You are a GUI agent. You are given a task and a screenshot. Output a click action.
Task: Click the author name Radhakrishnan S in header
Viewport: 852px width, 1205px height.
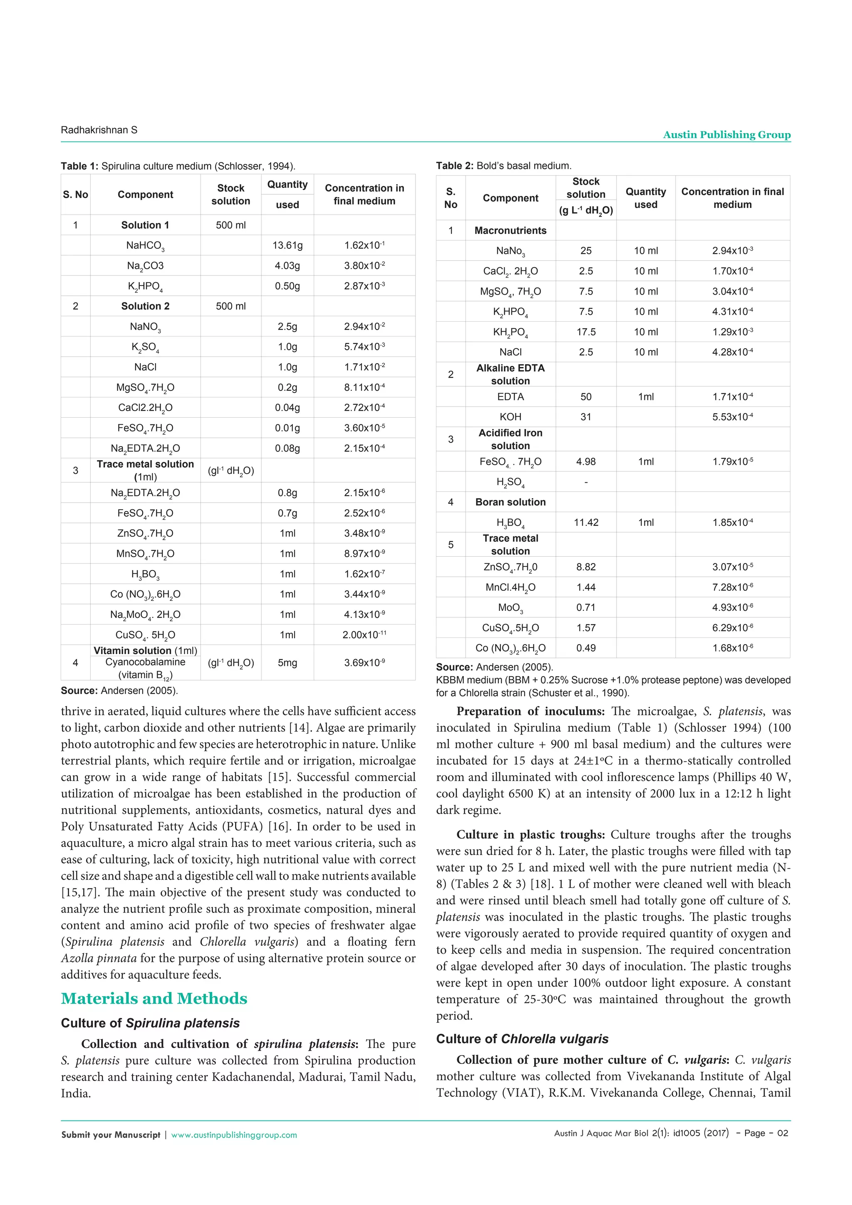click(99, 130)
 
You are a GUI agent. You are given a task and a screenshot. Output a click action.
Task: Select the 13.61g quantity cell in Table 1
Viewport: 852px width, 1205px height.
click(287, 245)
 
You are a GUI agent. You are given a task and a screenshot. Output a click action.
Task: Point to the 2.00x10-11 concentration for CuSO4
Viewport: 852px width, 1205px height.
click(364, 635)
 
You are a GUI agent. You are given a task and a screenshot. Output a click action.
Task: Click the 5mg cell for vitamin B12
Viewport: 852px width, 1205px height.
click(287, 662)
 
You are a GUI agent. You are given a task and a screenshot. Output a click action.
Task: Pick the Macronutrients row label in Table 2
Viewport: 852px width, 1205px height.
click(510, 231)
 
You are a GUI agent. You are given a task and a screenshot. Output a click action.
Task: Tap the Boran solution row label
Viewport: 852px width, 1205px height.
click(510, 502)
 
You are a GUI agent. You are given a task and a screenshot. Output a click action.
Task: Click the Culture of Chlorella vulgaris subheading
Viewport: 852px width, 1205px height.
click(522, 1039)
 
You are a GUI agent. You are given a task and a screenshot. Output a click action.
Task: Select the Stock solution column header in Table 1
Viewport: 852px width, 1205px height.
click(230, 194)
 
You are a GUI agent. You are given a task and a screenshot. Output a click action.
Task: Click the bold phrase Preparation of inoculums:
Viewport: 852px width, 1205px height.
click(530, 711)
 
